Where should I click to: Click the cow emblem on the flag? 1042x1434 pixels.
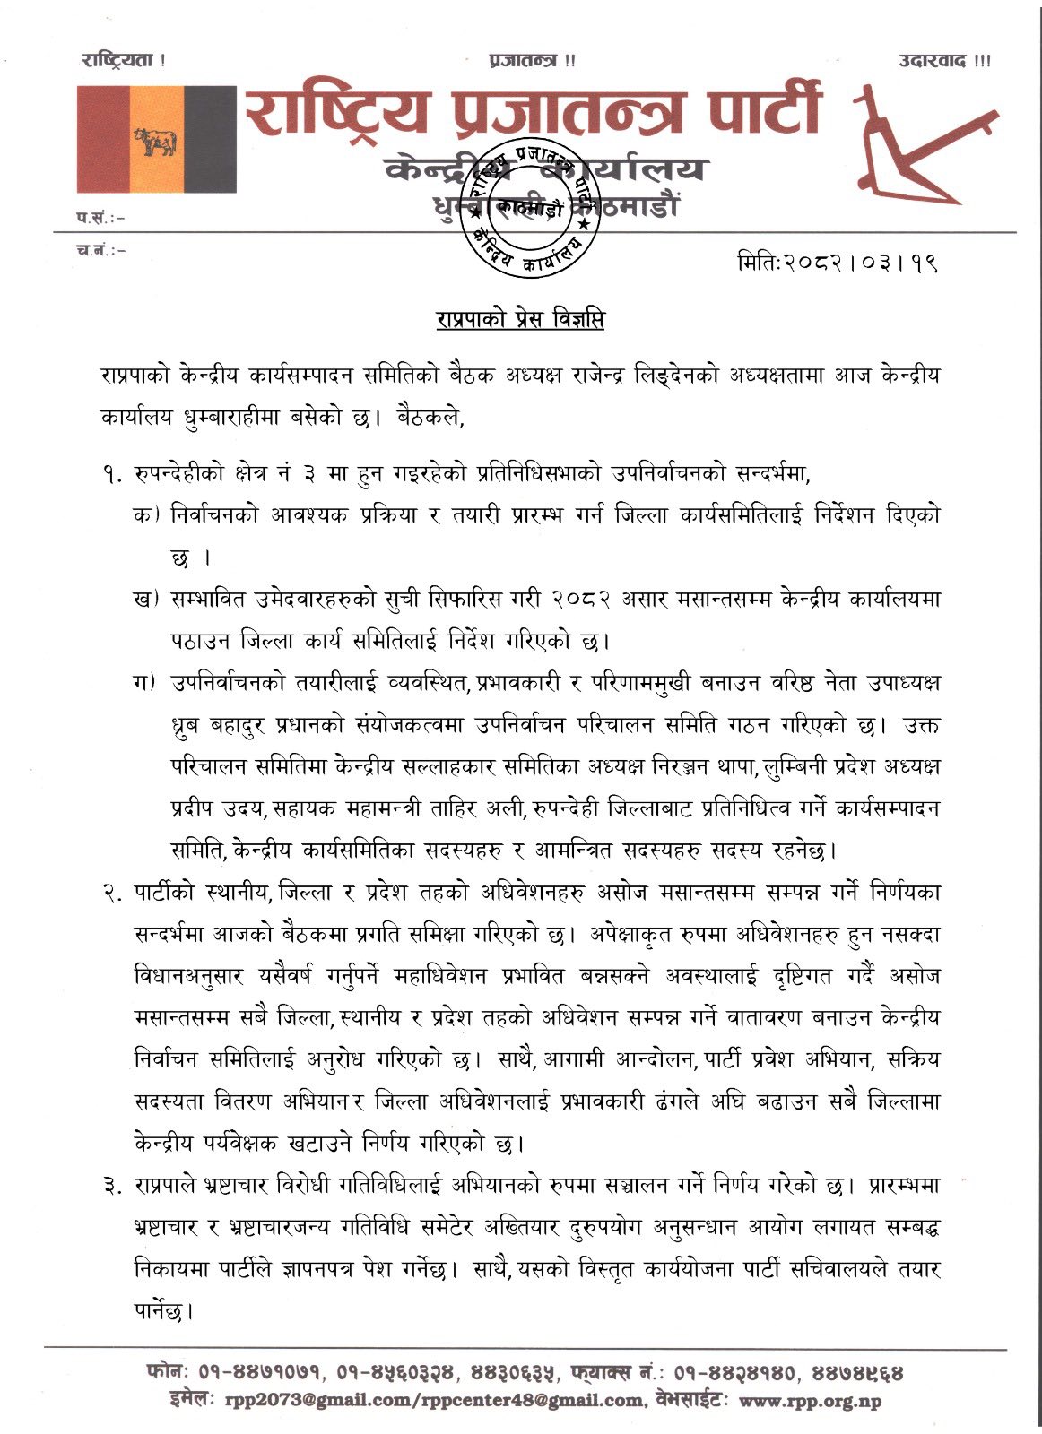155,142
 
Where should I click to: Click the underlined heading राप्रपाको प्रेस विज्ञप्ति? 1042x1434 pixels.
520,319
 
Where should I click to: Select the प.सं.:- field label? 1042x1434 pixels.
100,217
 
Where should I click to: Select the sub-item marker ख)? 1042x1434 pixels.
145,599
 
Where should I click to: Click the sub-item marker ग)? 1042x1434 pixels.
145,683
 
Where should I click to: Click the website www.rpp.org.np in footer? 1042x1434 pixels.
810,1401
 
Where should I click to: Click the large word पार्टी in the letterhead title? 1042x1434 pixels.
752,115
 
